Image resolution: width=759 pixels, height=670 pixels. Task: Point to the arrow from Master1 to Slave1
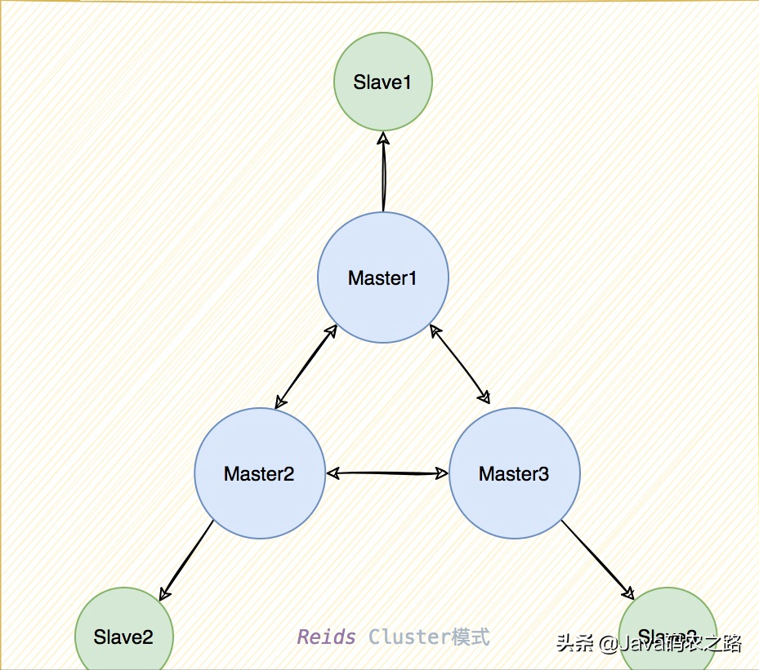pyautogui.click(x=382, y=175)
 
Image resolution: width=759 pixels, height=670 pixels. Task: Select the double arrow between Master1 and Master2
pyautogui.click(x=306, y=366)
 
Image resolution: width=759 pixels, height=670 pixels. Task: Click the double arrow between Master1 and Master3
pyautogui.click(x=460, y=365)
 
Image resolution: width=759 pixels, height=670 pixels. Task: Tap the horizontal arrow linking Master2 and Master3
pyautogui.click(x=387, y=473)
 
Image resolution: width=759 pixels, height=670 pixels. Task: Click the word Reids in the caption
pyautogui.click(x=327, y=637)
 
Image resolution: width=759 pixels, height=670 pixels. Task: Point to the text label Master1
pyautogui.click(x=382, y=278)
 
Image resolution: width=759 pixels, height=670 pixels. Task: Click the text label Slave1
pyautogui.click(x=382, y=82)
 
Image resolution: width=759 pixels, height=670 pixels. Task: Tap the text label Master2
pyautogui.click(x=259, y=473)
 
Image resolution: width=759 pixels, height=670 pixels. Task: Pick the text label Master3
pyautogui.click(x=514, y=473)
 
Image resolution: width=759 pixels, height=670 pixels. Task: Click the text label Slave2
pyautogui.click(x=123, y=637)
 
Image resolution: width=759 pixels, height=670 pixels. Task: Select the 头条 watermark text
pyautogui.click(x=575, y=643)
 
